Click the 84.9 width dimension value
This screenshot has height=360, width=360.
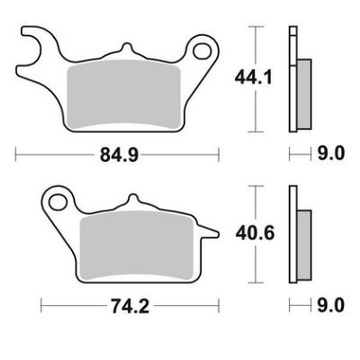pyautogui.click(x=119, y=155)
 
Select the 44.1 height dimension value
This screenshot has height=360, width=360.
pyautogui.click(x=254, y=77)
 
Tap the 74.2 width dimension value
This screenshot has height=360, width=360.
pyautogui.click(x=130, y=306)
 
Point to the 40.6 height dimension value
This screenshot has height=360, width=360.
pyautogui.click(x=255, y=233)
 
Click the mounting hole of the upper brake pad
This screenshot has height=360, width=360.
pyautogui.click(x=202, y=51)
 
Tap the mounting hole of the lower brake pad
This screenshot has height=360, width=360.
pyautogui.click(x=58, y=202)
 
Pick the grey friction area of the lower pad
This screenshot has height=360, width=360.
pyautogui.click(x=137, y=247)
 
